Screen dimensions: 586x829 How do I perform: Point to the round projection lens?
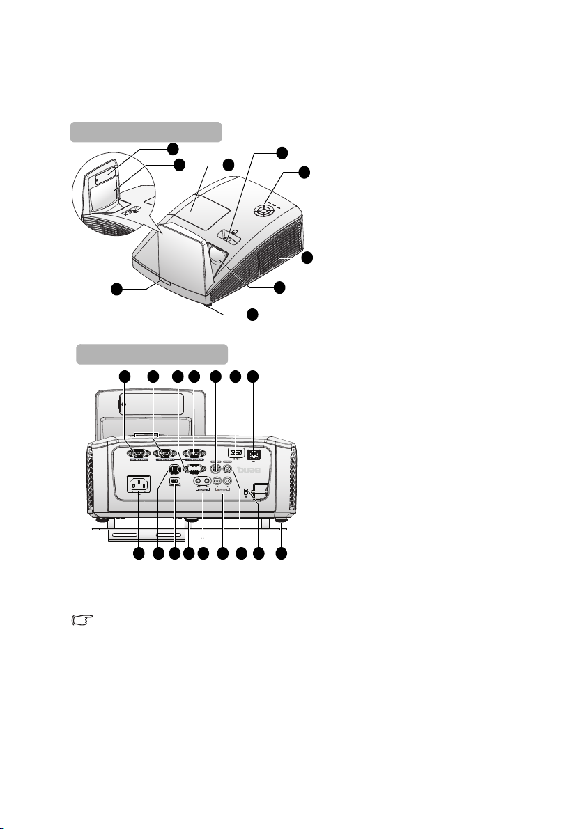(218, 255)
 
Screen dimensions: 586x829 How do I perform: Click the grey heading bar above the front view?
(146, 132)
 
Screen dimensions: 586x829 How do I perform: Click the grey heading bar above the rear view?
(152, 354)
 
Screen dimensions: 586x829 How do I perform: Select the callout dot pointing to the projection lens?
(279, 287)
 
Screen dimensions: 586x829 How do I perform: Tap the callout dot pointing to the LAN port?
(253, 377)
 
